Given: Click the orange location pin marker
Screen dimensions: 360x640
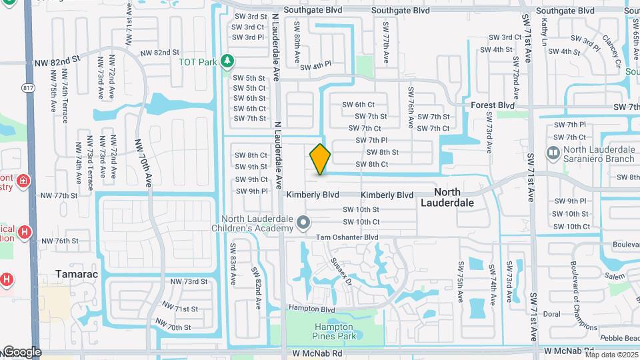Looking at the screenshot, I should click(320, 159).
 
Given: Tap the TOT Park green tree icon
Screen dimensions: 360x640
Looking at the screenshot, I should click(228, 61).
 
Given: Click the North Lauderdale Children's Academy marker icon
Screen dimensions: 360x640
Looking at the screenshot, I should click(303, 222).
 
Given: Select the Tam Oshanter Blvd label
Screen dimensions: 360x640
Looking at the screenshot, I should click(347, 237).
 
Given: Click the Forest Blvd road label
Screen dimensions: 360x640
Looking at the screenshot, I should click(493, 105).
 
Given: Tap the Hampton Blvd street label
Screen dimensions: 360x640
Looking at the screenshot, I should click(311, 309).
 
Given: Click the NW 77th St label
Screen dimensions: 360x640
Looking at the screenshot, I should click(59, 195).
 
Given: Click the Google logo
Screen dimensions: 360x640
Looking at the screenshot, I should click(21, 352).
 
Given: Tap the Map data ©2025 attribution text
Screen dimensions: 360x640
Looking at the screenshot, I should click(611, 354).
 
